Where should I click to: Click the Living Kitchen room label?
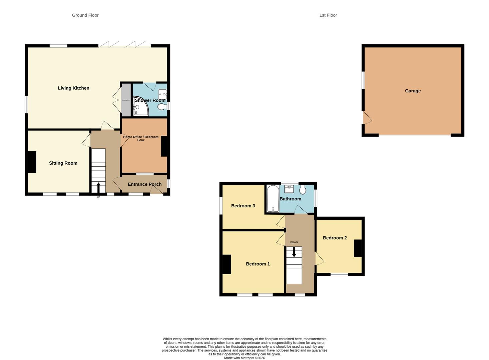tap(73, 88)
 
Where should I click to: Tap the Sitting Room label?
tap(63, 163)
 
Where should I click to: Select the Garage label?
tap(413, 91)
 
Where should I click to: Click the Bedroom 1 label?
tap(258, 264)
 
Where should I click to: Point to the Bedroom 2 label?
tap(335, 238)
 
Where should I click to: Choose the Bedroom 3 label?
tap(243, 206)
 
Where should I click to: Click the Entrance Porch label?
tap(144, 184)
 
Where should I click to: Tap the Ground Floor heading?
tap(85, 15)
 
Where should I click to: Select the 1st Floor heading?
tap(328, 15)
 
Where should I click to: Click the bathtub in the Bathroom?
tap(273, 198)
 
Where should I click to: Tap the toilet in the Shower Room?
tap(161, 107)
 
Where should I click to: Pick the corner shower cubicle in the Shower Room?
tap(140, 106)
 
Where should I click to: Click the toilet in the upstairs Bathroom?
tap(303, 190)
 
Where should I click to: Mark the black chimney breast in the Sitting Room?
tap(32, 162)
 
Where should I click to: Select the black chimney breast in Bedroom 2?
tap(358, 248)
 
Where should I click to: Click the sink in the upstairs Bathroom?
tap(289, 189)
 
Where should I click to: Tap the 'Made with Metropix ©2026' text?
tap(245, 358)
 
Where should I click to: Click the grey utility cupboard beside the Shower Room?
tap(126, 100)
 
